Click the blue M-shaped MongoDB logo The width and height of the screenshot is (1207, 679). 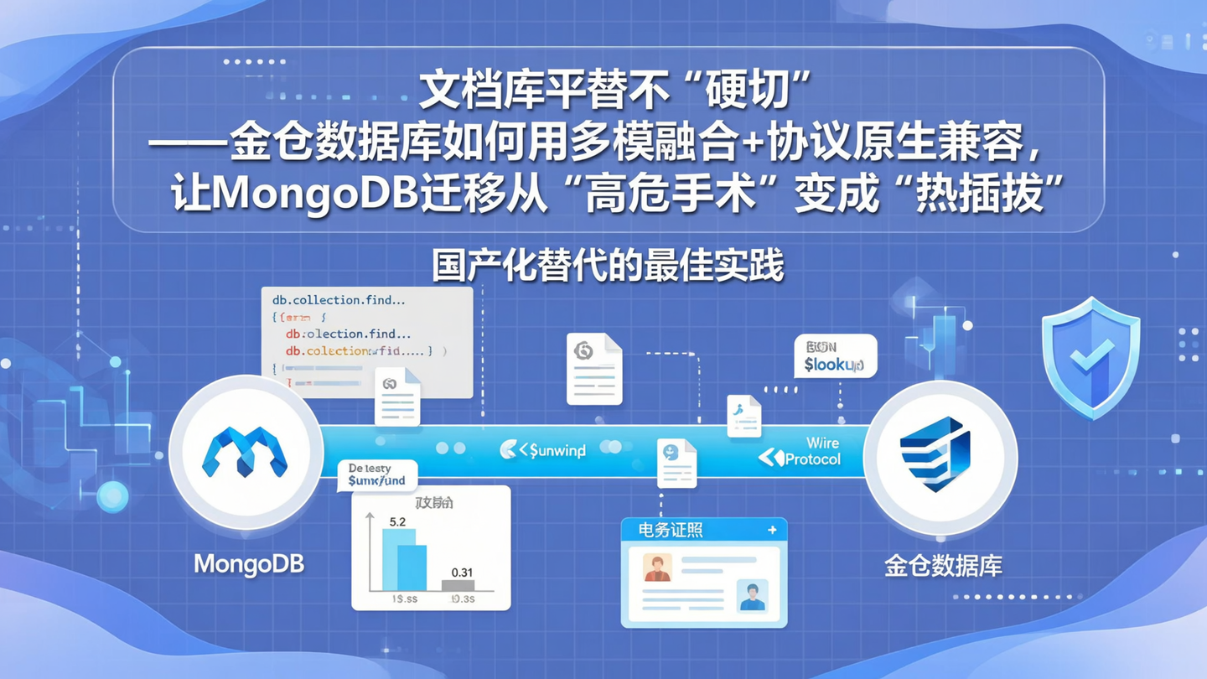245,453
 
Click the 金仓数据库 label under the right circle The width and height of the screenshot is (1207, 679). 943,565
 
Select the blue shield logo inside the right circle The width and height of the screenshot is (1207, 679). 935,454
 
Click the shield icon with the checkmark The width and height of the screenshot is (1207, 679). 1090,355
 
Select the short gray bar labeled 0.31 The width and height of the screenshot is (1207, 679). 458,585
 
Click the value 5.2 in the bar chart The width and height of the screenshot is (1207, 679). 397,521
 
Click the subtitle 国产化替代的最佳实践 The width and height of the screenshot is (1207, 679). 608,266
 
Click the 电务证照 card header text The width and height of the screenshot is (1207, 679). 670,531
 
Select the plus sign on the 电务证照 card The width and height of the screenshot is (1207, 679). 772,530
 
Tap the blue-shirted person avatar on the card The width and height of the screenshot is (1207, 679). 752,597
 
